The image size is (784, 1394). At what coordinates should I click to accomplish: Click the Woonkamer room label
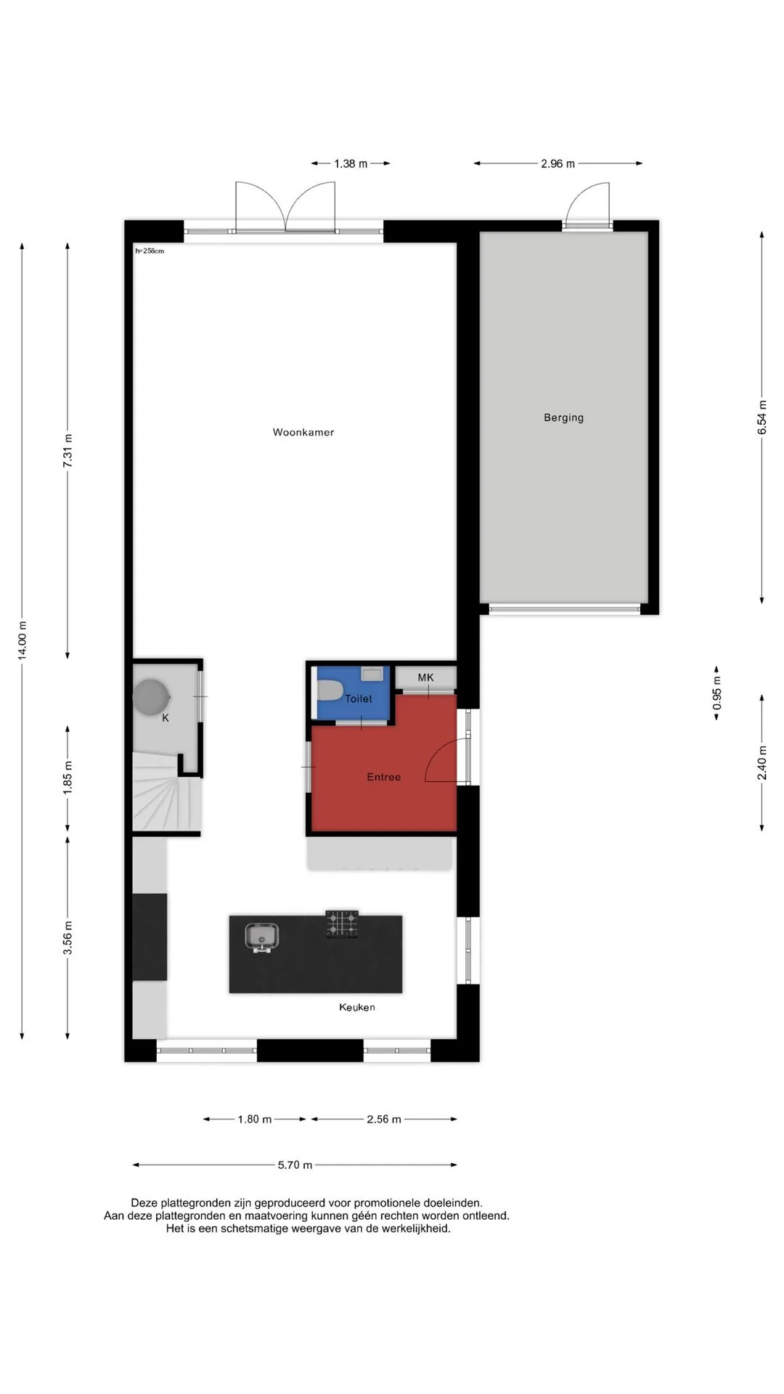point(303,432)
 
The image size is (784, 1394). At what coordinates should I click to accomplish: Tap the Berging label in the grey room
point(563,417)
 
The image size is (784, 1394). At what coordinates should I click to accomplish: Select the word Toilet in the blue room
point(358,698)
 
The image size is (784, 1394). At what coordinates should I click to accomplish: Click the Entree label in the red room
point(383,777)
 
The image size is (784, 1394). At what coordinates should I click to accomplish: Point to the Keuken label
point(357,1007)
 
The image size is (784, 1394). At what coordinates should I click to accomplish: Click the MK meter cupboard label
point(425,677)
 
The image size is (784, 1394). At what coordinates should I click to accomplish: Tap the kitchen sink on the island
point(260,937)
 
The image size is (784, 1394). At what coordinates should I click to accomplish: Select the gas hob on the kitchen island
point(342,924)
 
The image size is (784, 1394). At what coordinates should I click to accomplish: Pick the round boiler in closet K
point(151,697)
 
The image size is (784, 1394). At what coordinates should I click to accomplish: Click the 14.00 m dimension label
point(23,640)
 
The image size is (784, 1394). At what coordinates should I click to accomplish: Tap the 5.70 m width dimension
point(295,1165)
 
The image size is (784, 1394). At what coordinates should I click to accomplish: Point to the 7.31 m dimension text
point(68,452)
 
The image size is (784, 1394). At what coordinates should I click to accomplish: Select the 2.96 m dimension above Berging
point(558,164)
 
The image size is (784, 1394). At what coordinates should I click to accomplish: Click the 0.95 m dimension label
point(717,693)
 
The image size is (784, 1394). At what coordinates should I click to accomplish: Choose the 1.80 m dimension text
point(255,1120)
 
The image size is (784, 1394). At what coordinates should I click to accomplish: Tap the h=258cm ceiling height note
point(150,251)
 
